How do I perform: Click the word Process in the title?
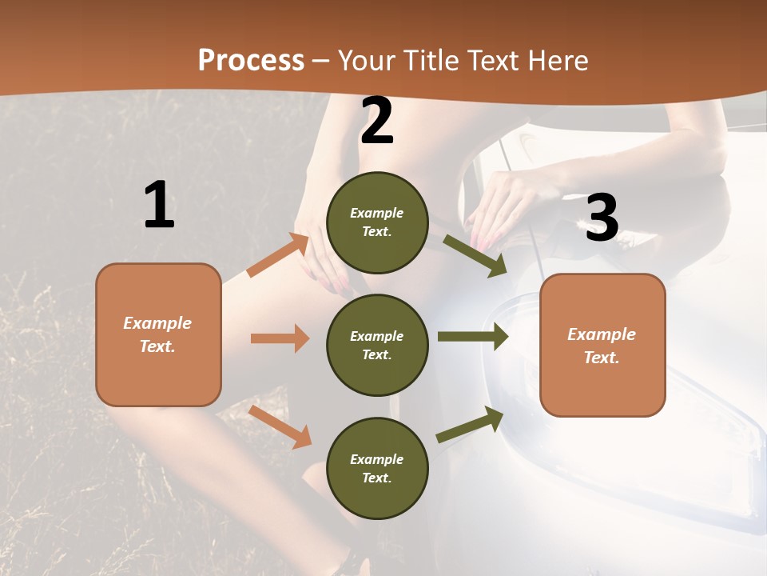pyautogui.click(x=251, y=60)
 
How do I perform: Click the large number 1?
pyautogui.click(x=159, y=206)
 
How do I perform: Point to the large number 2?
pyautogui.click(x=377, y=121)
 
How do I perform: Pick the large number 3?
pyautogui.click(x=602, y=218)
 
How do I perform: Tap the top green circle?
pyautogui.click(x=377, y=222)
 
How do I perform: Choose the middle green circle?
pyautogui.click(x=377, y=345)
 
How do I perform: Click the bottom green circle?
pyautogui.click(x=377, y=468)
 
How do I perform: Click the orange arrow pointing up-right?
pyautogui.click(x=278, y=255)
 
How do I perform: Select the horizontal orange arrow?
pyautogui.click(x=280, y=338)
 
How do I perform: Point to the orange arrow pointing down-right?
pyautogui.click(x=280, y=426)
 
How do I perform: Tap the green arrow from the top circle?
pyautogui.click(x=475, y=256)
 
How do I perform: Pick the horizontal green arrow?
pyautogui.click(x=473, y=337)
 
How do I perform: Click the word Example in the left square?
pyautogui.click(x=157, y=323)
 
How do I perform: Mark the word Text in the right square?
pyautogui.click(x=601, y=358)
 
